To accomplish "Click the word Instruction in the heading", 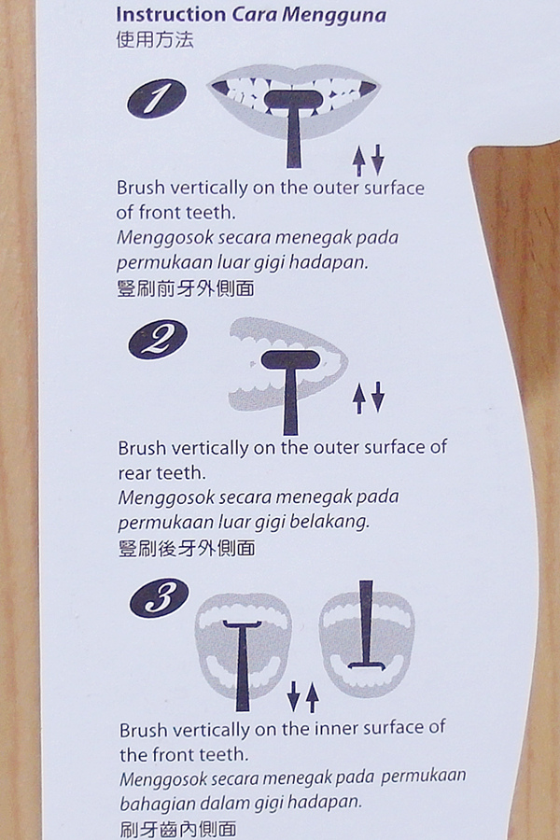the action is (171, 14).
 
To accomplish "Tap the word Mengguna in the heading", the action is (334, 16).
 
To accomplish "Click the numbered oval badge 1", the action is (157, 99).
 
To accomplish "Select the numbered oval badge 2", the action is (158, 339).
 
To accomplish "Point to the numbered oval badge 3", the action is (160, 597).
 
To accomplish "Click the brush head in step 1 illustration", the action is (293, 100).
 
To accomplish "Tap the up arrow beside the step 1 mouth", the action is (358, 162).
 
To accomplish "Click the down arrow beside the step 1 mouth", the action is (378, 159).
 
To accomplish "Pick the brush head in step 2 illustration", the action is (291, 359).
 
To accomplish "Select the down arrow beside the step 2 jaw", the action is (378, 397).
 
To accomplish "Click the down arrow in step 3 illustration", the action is (293, 696).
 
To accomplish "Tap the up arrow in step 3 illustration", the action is (313, 698).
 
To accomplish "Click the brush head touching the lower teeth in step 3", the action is (368, 666).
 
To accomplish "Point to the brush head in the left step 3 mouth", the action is (243, 624).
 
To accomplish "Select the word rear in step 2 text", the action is (134, 473).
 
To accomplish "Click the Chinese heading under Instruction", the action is (154, 40).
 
